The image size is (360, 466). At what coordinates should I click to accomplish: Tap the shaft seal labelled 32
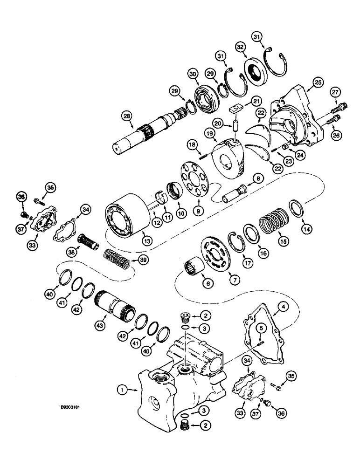pyautogui.click(x=254, y=69)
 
